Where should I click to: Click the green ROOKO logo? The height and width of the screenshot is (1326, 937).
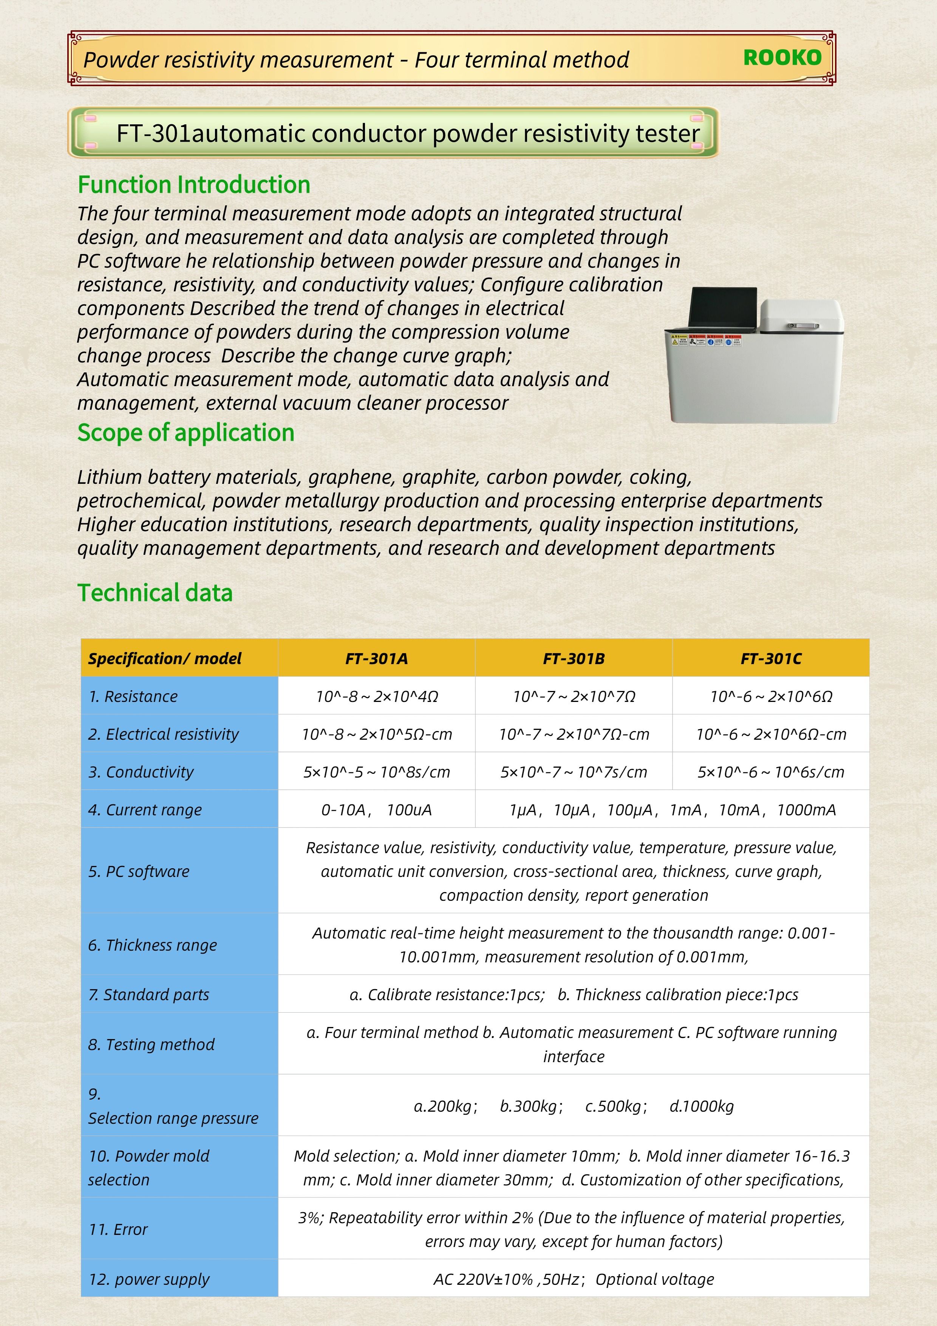(782, 58)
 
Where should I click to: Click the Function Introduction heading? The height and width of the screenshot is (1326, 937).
(194, 185)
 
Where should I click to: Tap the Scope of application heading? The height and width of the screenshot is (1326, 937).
(186, 432)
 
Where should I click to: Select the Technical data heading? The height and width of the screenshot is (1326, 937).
(155, 593)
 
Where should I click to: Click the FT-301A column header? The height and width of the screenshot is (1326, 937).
(376, 658)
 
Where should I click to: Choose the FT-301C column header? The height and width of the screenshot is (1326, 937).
(771, 658)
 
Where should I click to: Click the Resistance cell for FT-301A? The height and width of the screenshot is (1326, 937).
(376, 697)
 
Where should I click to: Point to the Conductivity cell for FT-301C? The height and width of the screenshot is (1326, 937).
(771, 772)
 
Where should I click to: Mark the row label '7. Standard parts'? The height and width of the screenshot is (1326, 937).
(148, 994)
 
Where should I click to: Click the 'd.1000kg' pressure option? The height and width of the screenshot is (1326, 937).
(702, 1106)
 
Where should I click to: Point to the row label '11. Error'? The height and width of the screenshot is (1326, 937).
(118, 1230)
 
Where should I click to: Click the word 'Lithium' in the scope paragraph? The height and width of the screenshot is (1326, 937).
(109, 477)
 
